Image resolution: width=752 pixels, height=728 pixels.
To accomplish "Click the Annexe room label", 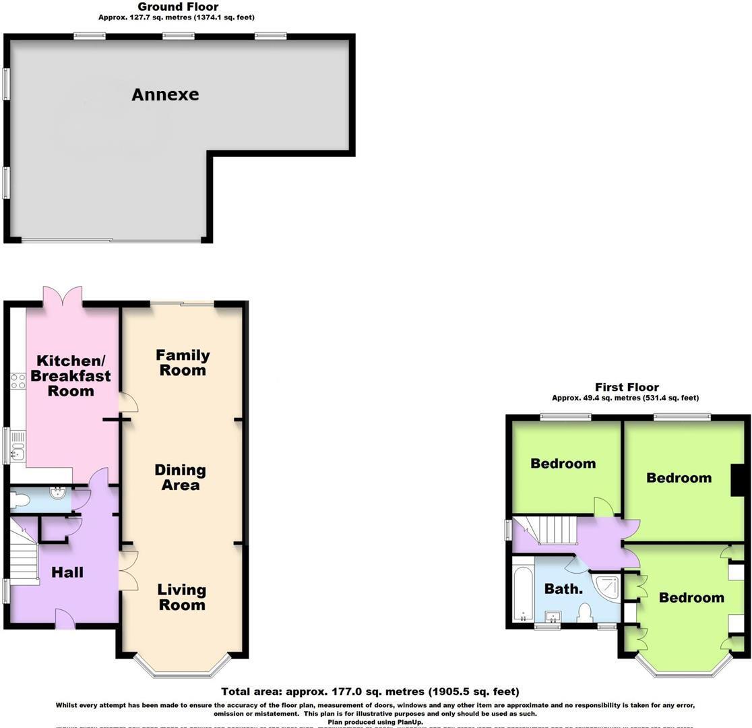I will pyautogui.click(x=165, y=94).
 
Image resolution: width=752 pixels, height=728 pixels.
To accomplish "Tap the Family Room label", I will pyautogui.click(x=183, y=363).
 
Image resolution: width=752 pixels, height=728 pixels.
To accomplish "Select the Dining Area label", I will pyautogui.click(x=180, y=477).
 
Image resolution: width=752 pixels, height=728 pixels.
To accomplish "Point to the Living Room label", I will pyautogui.click(x=181, y=597).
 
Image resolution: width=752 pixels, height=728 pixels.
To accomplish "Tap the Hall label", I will pyautogui.click(x=68, y=572).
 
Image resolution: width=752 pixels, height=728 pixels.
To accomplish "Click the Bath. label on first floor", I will pyautogui.click(x=563, y=588).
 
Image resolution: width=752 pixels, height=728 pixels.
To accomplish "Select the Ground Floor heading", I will pyautogui.click(x=178, y=7).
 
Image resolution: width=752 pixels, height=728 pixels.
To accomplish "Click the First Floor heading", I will pyautogui.click(x=627, y=387).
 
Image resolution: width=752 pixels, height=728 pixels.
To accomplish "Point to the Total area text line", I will pyautogui.click(x=371, y=692).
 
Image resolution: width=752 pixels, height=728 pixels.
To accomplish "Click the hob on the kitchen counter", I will pyautogui.click(x=18, y=382).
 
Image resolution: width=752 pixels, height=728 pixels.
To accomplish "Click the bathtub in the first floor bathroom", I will pyautogui.click(x=522, y=590).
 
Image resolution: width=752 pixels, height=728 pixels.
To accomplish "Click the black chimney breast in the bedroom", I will pyautogui.click(x=738, y=480).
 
